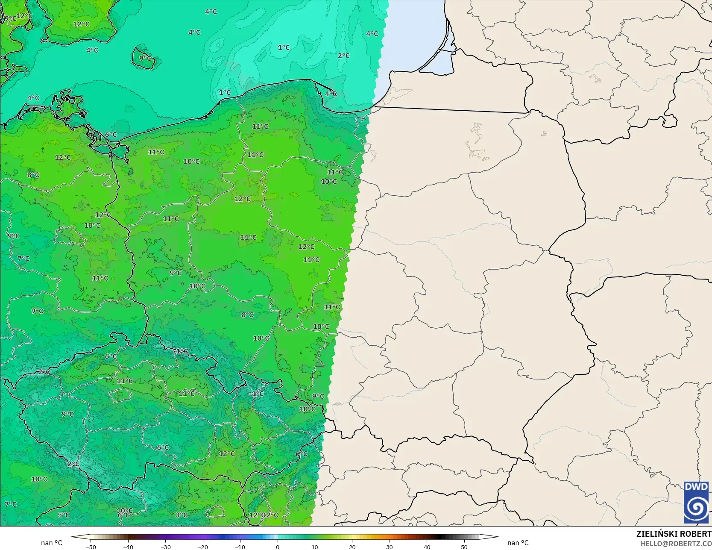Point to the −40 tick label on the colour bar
[x=128, y=547]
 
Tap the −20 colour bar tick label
[x=203, y=547]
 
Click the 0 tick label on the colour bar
[x=278, y=547]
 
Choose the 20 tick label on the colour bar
[x=352, y=547]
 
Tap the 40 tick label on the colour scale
[x=427, y=547]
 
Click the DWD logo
[x=696, y=502]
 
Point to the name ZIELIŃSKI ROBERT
[x=674, y=534]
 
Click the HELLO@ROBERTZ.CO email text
[x=676, y=543]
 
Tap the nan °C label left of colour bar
[x=52, y=543]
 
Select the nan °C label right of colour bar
[x=518, y=543]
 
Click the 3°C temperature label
[x=182, y=515]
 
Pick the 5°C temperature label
[x=64, y=515]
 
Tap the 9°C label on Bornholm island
[x=145, y=58]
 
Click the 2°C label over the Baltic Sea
[x=343, y=56]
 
